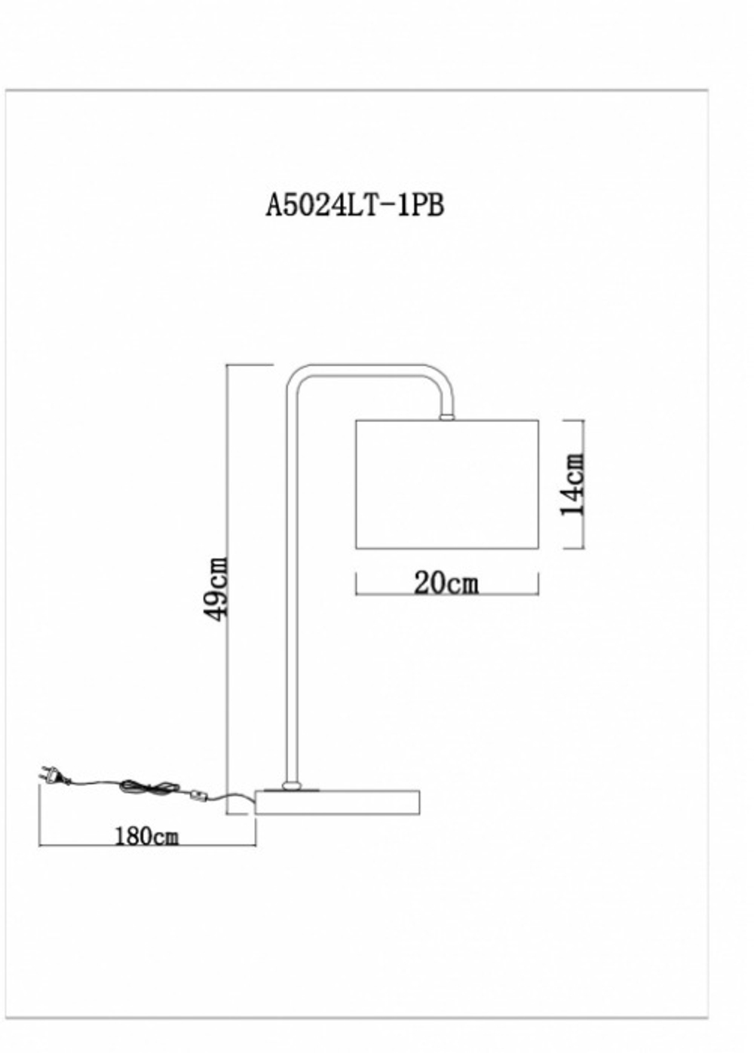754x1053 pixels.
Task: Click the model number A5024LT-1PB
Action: (354, 204)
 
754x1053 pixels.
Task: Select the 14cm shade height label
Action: (574, 484)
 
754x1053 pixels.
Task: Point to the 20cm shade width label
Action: (446, 583)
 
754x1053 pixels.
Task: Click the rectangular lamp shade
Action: (446, 484)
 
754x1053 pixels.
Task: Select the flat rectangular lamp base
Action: (337, 802)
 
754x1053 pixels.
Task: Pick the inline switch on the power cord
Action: (198, 794)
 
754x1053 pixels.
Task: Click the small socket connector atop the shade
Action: (446, 415)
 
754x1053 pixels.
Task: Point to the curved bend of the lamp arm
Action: (440, 381)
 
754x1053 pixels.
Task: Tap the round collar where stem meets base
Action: (290, 786)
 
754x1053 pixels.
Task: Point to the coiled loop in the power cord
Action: (139, 787)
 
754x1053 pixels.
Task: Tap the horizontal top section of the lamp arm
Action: (369, 369)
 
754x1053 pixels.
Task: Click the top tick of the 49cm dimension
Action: (249, 365)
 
